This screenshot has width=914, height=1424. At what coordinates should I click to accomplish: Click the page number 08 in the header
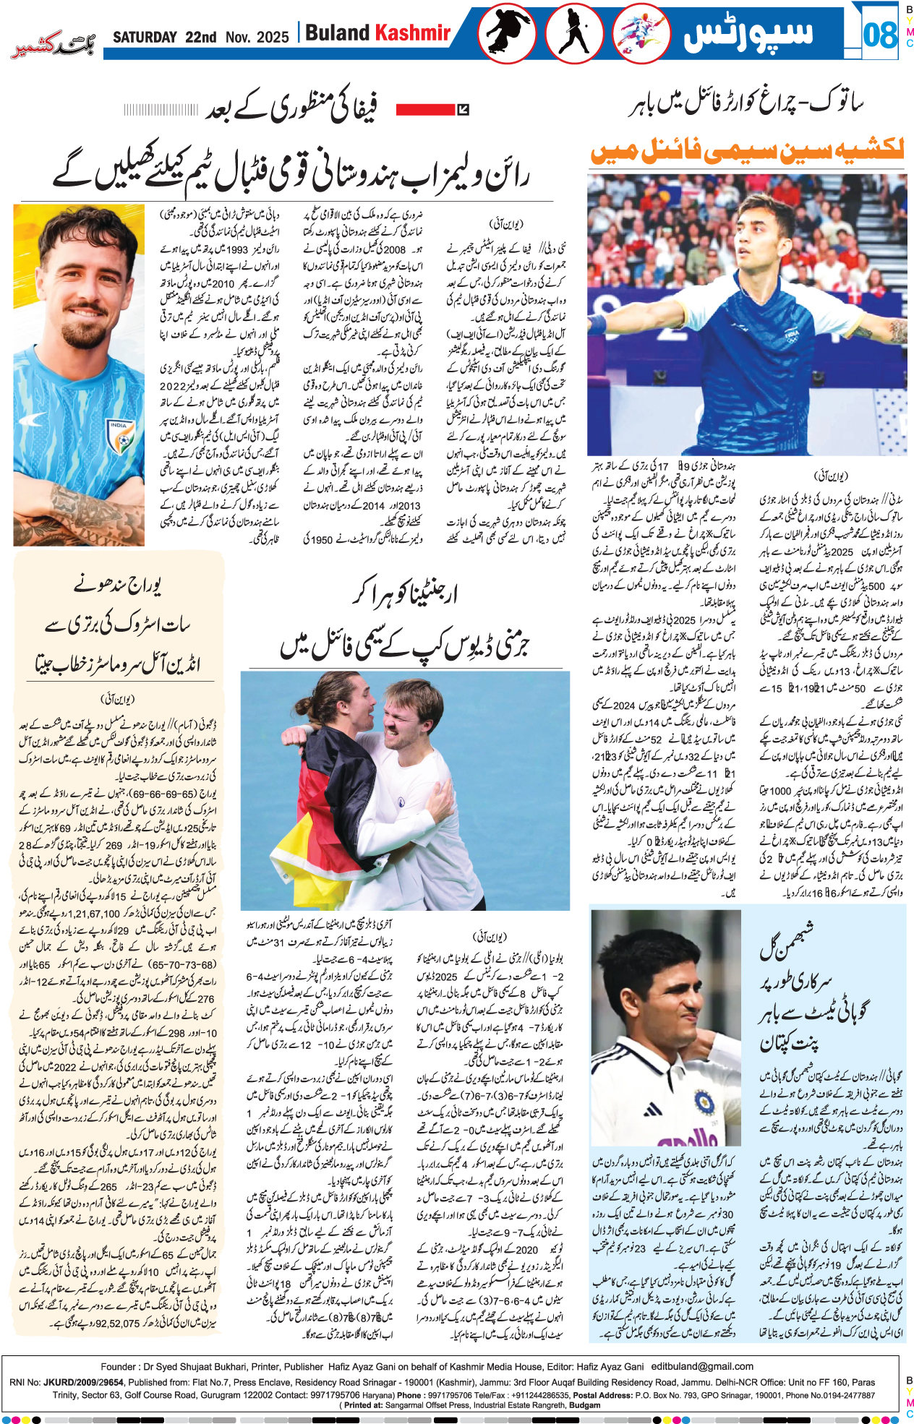point(879,34)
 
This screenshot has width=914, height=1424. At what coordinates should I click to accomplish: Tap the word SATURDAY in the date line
point(145,37)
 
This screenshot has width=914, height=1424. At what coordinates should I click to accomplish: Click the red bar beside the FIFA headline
point(425,109)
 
